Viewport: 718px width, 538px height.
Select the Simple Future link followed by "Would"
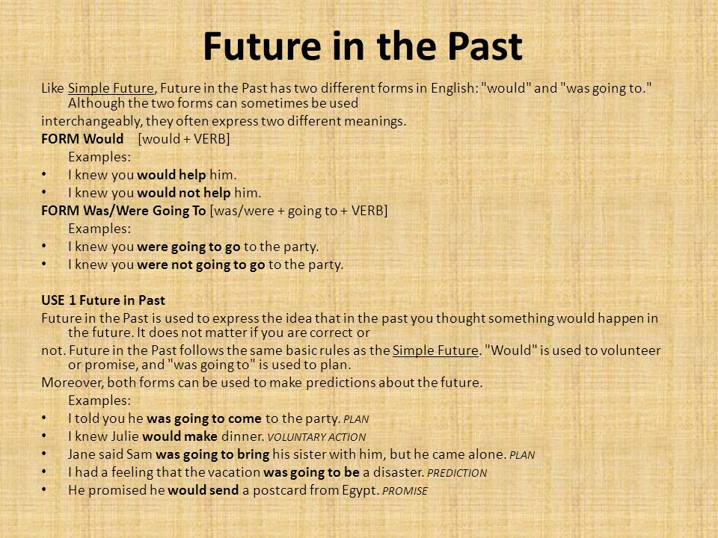click(x=435, y=350)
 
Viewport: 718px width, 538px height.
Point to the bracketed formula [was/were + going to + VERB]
click(x=299, y=211)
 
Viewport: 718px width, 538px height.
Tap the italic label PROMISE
click(x=404, y=491)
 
